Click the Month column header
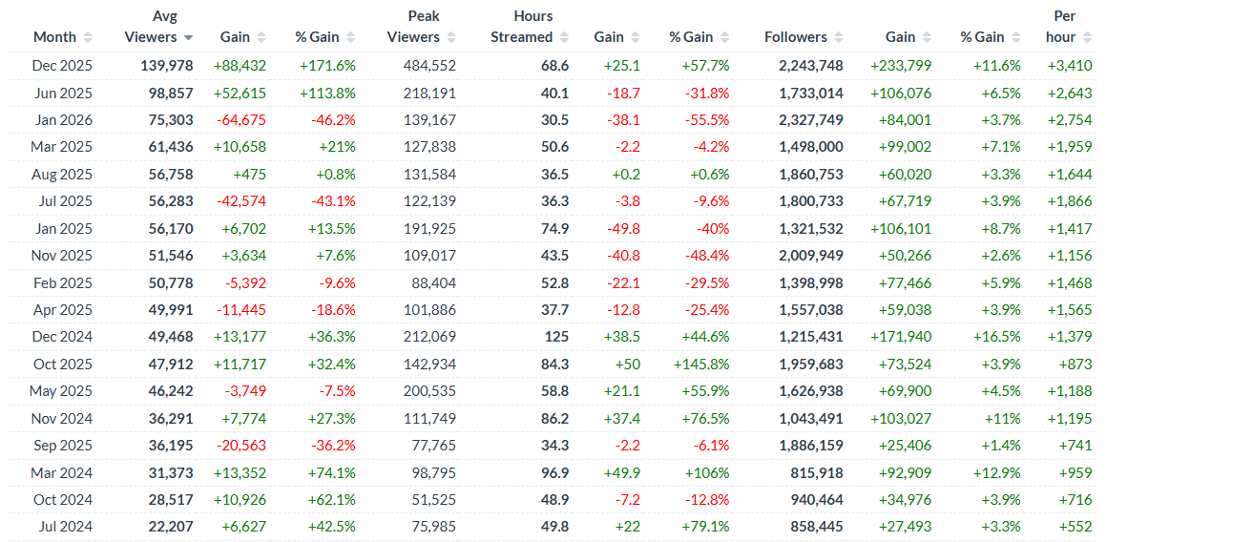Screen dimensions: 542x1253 click(54, 37)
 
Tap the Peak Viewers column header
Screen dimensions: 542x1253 click(413, 28)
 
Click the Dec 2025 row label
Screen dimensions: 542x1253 click(62, 66)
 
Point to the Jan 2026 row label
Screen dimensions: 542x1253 click(62, 120)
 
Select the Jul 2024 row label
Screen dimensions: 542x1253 click(63, 526)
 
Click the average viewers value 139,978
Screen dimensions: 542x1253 click(159, 66)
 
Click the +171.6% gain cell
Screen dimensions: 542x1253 click(327, 66)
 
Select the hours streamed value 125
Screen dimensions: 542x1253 click(556, 337)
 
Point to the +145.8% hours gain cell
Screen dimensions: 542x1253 click(701, 364)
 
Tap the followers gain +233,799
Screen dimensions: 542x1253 click(901, 66)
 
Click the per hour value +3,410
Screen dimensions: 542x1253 click(1070, 66)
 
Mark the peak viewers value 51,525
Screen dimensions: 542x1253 click(430, 499)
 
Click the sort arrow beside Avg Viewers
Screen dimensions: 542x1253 click(189, 37)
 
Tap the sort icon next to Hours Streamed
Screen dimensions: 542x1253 click(565, 37)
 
